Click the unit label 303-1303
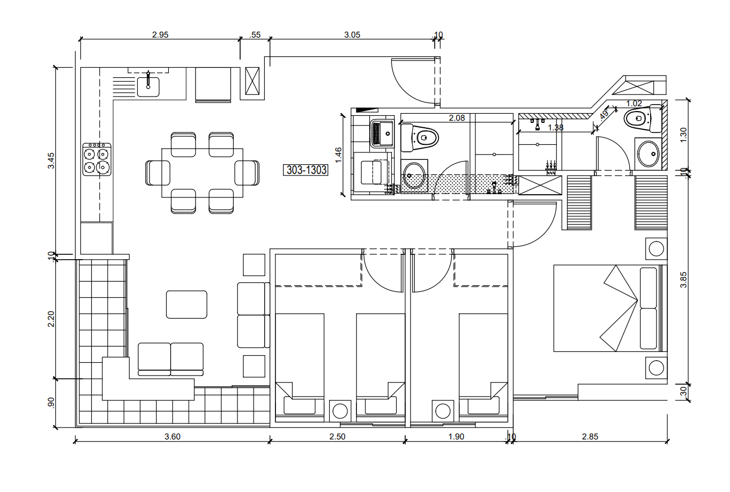coord(306,170)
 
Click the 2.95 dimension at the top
coord(160,34)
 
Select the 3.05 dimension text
coord(352,34)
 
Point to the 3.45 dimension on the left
coord(51,160)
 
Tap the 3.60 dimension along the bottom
coord(173,437)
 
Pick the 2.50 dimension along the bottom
coord(337,437)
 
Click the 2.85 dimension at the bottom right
coord(590,437)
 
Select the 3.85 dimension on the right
coord(683,280)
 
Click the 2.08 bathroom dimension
coord(457,118)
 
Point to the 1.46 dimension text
coord(338,155)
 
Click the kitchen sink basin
coord(148,87)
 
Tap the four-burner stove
coord(97,159)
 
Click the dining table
coord(203,173)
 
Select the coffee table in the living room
coord(187,304)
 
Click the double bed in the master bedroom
coord(608,309)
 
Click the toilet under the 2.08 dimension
coord(420,138)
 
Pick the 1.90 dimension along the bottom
coord(456,437)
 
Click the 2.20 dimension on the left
coord(51,319)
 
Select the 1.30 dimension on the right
coord(683,135)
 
